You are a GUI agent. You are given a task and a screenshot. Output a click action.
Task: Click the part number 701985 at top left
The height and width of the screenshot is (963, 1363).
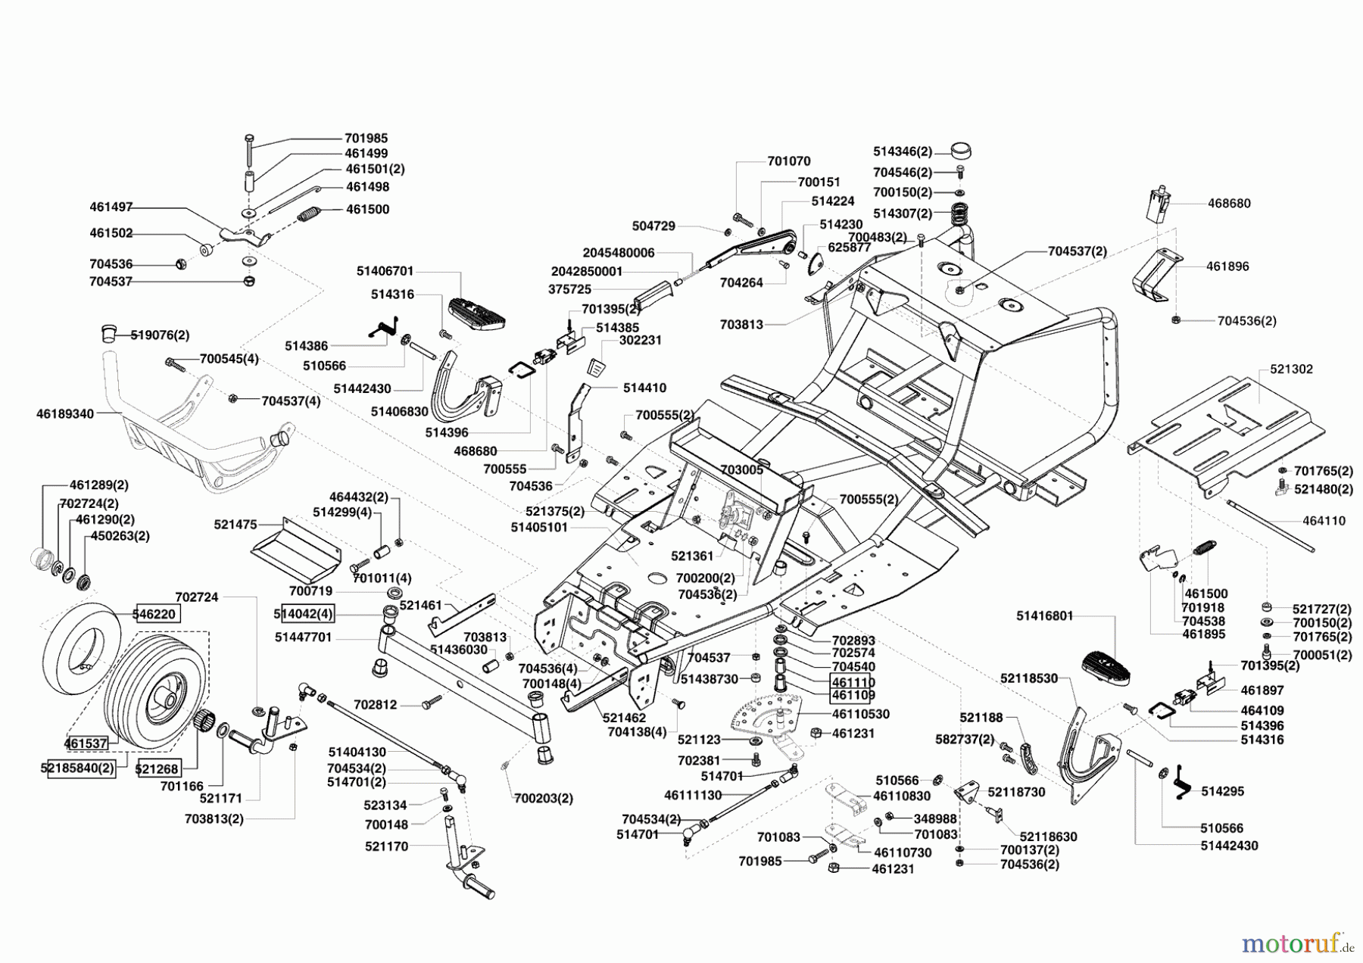366,138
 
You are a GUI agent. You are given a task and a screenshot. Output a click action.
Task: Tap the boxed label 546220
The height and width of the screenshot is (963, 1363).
158,614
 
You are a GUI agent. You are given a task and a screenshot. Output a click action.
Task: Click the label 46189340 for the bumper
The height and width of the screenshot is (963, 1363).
65,414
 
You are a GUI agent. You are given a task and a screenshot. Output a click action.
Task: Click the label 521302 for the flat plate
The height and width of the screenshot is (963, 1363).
1291,369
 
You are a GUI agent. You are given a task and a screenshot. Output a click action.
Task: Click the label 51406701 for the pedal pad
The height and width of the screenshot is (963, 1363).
385,271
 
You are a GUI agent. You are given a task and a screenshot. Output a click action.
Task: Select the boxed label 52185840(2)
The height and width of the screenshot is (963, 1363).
77,768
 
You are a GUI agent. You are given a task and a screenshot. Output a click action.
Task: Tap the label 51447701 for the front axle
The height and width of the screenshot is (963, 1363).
303,637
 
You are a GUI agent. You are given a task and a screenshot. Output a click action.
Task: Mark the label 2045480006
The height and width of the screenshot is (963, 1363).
619,253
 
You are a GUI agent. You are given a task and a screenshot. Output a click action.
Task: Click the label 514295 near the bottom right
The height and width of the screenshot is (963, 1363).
1222,791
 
